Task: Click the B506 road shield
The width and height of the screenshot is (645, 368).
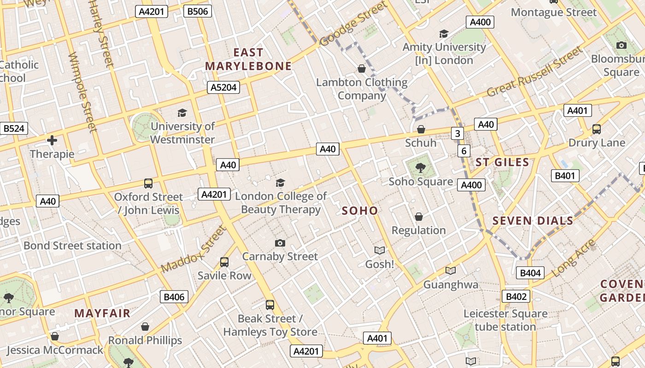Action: point(197,11)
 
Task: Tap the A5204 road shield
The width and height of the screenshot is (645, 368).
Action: point(223,87)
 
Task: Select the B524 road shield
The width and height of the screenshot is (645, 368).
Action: point(13,128)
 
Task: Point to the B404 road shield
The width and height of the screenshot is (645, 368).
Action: point(530,273)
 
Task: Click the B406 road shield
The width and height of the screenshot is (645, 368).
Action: point(174,297)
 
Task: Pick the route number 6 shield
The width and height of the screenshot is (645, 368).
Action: point(463,151)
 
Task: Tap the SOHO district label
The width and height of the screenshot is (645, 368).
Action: point(360,211)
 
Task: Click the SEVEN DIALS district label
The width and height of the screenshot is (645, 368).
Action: point(533,221)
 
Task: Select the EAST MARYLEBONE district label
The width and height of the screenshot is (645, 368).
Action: point(248,59)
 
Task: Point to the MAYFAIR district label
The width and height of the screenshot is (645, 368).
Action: point(102,313)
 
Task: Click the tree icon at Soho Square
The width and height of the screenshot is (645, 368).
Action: point(420,167)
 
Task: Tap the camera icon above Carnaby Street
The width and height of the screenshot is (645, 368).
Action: point(280,243)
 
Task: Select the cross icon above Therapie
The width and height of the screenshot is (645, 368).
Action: point(52,140)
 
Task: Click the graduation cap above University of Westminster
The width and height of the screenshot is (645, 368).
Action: point(182,113)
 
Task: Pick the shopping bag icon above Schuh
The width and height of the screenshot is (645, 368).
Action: point(421,130)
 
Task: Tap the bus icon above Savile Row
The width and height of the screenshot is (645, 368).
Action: point(224,262)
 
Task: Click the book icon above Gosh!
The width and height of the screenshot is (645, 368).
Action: point(379,250)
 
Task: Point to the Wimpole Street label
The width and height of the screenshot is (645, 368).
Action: point(82,92)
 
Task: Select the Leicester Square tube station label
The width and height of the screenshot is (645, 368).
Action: point(505,320)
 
